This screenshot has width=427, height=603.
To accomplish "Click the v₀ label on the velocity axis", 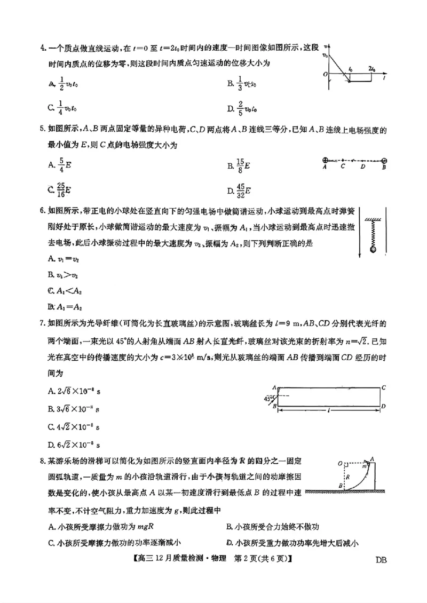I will (x=325, y=55).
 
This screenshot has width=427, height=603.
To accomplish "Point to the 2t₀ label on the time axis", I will (x=372, y=69).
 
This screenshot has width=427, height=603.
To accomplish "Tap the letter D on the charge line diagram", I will (x=362, y=166).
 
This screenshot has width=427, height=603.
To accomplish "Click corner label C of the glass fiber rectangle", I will (x=384, y=387).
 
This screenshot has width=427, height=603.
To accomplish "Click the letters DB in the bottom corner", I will (x=381, y=560).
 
